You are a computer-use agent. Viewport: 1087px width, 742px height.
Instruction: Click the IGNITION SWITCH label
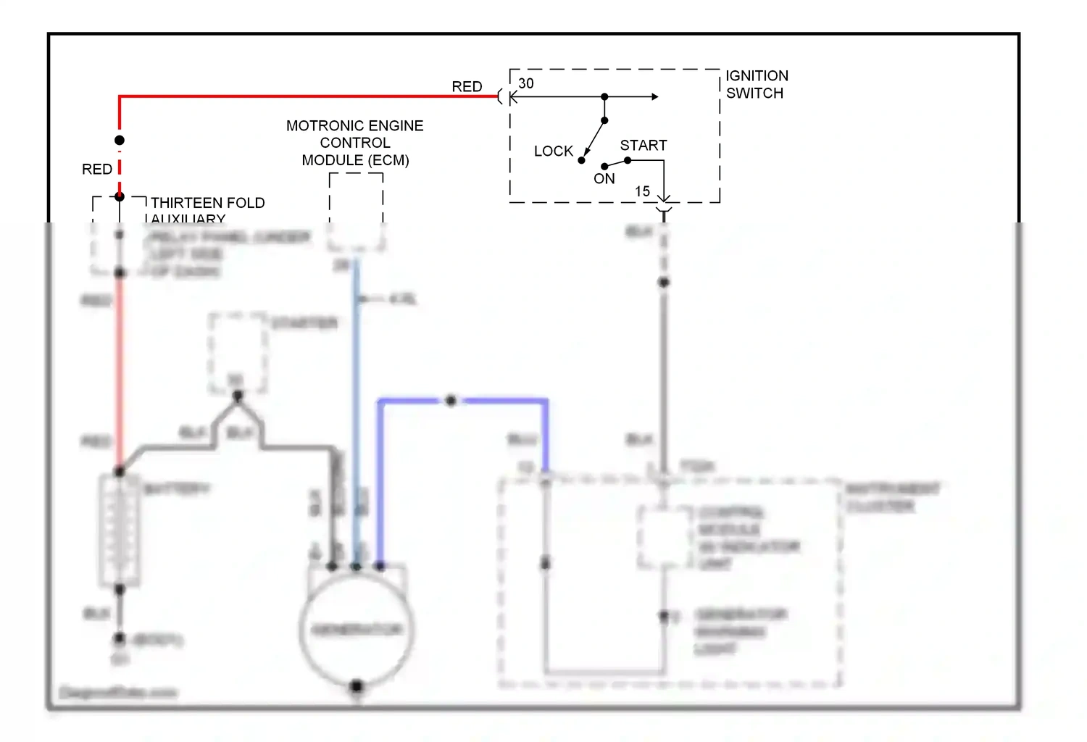coord(757,84)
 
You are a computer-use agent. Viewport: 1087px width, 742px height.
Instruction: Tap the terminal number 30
coord(526,83)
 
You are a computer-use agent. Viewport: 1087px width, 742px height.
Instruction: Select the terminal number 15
coord(642,191)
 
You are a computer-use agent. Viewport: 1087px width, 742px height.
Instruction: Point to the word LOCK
coord(554,151)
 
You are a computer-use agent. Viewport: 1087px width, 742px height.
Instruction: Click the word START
coord(644,145)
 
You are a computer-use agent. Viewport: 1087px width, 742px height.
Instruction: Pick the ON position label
coord(604,179)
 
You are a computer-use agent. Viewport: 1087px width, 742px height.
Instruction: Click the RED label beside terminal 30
coord(467,86)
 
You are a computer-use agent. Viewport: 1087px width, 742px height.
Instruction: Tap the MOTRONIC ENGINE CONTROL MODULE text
coord(355,142)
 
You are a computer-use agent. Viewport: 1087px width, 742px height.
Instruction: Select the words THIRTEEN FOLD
coord(208,203)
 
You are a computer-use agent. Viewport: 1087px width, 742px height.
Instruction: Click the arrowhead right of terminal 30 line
coord(655,96)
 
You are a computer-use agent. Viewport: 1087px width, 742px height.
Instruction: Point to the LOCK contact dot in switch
coord(581,160)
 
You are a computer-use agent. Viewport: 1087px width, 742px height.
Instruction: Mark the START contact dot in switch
coord(628,160)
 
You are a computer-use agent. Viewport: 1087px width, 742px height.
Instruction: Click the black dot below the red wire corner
coord(120,140)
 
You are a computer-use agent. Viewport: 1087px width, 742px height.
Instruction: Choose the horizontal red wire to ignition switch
coord(304,96)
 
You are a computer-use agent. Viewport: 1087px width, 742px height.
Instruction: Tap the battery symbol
coord(120,529)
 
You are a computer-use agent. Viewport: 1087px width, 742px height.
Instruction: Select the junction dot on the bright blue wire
coord(451,400)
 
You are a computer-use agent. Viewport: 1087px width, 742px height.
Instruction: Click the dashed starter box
coord(238,353)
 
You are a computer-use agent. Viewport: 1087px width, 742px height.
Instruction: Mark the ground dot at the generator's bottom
coord(356,685)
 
